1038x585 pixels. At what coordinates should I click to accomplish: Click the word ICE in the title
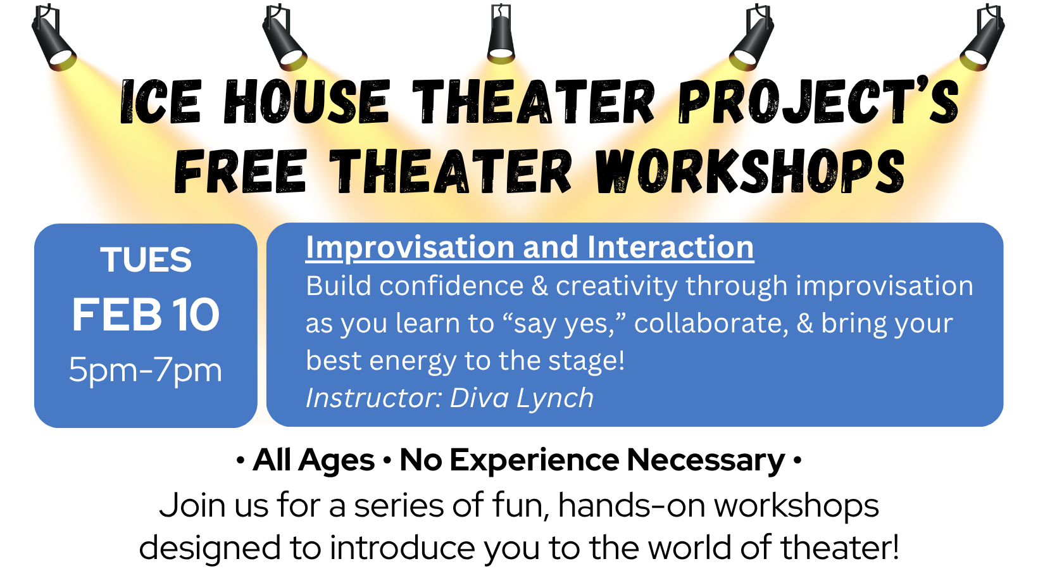(x=161, y=101)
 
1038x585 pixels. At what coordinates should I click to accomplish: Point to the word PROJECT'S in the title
(x=818, y=101)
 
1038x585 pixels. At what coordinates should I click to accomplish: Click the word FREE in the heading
(x=241, y=171)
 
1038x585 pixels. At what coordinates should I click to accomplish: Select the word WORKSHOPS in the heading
(x=750, y=171)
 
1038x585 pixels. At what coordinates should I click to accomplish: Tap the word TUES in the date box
(x=146, y=259)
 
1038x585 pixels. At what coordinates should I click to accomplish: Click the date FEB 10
(x=146, y=315)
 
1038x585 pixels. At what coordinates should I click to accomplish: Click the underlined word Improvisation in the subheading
(x=410, y=248)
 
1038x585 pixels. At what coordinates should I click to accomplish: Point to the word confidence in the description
(x=452, y=286)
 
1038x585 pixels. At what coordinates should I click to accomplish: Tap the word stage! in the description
(x=587, y=361)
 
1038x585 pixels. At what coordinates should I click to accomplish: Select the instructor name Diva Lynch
(x=522, y=398)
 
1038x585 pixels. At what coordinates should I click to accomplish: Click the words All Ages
(x=314, y=461)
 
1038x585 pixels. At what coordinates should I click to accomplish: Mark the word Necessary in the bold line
(x=706, y=461)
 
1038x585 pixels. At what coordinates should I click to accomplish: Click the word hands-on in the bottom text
(x=632, y=506)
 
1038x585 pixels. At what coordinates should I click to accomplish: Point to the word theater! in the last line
(x=841, y=548)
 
